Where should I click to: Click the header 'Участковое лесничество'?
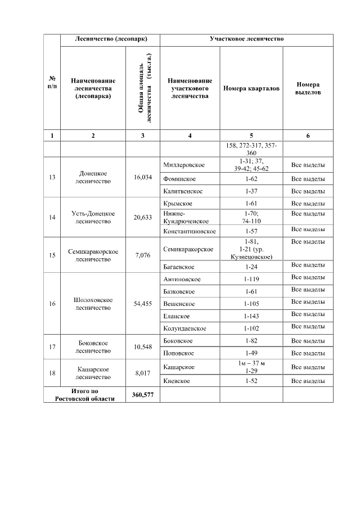pyautogui.click(x=246, y=40)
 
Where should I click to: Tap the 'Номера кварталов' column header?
pyautogui.click(x=251, y=89)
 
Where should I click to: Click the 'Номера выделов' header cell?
pyautogui.click(x=308, y=89)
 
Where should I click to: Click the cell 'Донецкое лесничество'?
pyautogui.click(x=93, y=177)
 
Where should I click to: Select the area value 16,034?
pyautogui.click(x=143, y=177)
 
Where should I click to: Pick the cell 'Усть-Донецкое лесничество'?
pyautogui.click(x=93, y=217)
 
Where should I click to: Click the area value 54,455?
pyautogui.click(x=143, y=304)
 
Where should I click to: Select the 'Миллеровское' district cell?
pyautogui.click(x=183, y=165)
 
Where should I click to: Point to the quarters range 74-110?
pyautogui.click(x=251, y=221)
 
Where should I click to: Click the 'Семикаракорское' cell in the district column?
pyautogui.click(x=188, y=249)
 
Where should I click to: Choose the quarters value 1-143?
pyautogui.click(x=251, y=316)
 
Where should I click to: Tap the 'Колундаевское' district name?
pyautogui.click(x=184, y=328)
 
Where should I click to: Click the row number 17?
pyautogui.click(x=52, y=347)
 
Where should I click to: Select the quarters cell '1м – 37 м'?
pyautogui.click(x=251, y=363)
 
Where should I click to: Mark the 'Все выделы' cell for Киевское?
pyautogui.click(x=308, y=381)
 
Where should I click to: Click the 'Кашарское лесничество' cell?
pyautogui.click(x=93, y=373)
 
